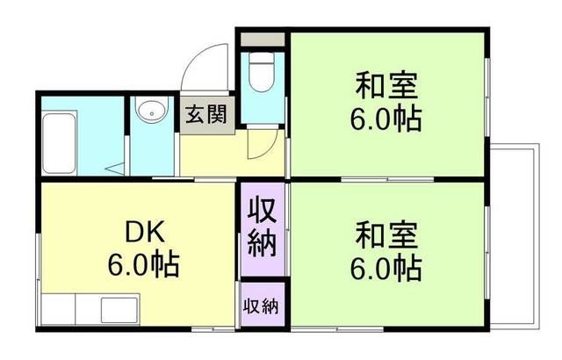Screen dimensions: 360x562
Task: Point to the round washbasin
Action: coord(151,112)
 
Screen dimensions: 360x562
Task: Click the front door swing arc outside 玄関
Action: coord(207,66)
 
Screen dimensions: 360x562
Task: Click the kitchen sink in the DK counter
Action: coord(118,311)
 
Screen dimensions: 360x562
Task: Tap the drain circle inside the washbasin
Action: coord(151,112)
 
